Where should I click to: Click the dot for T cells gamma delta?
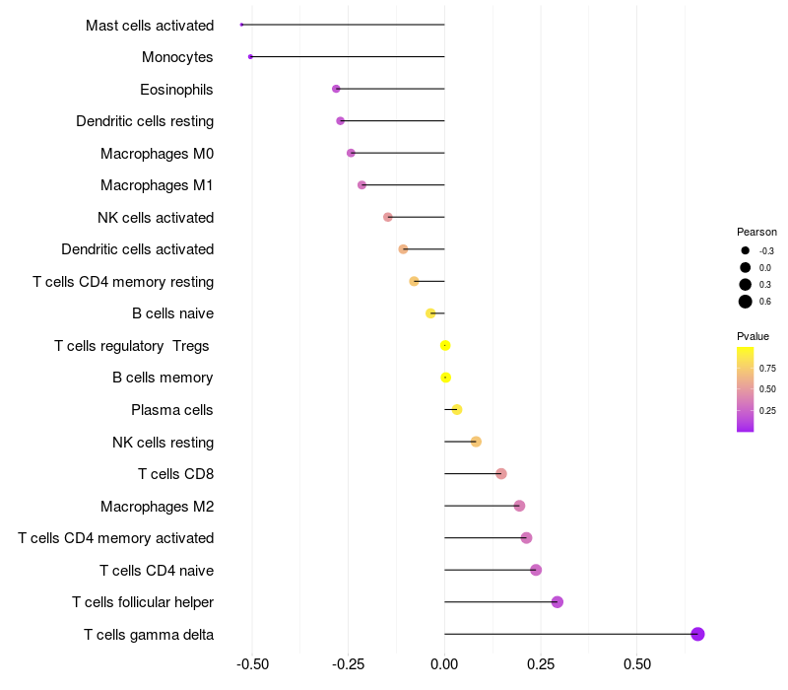[x=697, y=634]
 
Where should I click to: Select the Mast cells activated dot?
[x=241, y=25]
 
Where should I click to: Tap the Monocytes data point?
[x=250, y=56]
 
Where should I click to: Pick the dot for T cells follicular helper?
[x=558, y=602]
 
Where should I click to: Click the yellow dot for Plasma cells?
[x=456, y=409]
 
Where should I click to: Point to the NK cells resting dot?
[x=476, y=442]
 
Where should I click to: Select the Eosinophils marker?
[x=336, y=89]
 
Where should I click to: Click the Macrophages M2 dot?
[x=519, y=506]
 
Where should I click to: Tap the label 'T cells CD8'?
[x=175, y=474]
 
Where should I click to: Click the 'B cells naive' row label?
[x=172, y=313]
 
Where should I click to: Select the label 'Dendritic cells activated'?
[x=137, y=249]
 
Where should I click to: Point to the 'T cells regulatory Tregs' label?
[x=133, y=346]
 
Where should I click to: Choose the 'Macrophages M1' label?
[x=157, y=185]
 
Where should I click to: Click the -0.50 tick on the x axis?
[x=253, y=663]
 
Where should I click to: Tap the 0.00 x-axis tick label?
[x=444, y=663]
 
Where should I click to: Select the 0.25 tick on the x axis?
[x=541, y=663]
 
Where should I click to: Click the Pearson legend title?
[x=756, y=232]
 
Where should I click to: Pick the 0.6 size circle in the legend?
[x=746, y=302]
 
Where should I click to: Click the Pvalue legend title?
[x=754, y=336]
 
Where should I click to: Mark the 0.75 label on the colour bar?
[x=767, y=368]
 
